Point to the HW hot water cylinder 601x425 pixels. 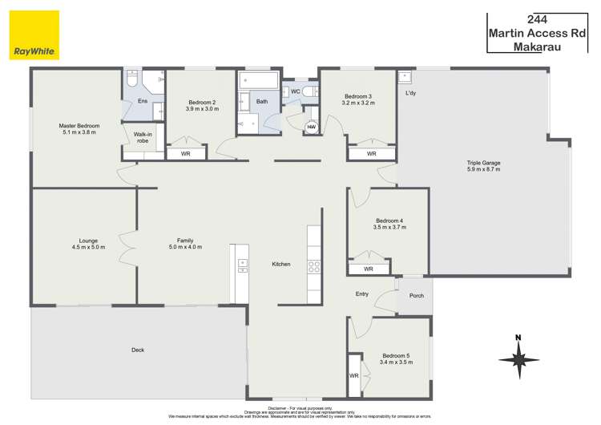click(311, 126)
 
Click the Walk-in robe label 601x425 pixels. click(143, 137)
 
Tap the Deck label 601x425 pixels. click(138, 350)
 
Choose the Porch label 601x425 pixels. click(416, 295)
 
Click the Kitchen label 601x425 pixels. click(280, 264)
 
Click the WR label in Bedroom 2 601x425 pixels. click(185, 153)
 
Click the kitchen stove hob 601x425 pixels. click(315, 268)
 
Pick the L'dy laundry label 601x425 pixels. click(411, 94)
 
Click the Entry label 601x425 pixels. click(362, 293)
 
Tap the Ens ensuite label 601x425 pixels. click(142, 100)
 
